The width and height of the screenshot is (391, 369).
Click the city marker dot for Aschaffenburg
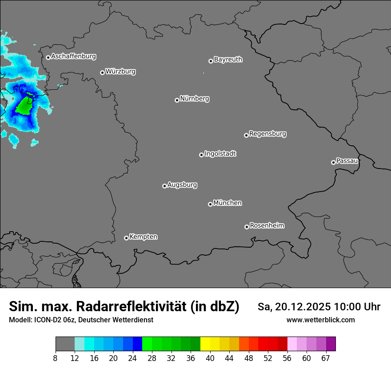[48, 57]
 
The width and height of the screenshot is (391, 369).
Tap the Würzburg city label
[120, 72]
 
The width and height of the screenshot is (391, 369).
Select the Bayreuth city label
[228, 60]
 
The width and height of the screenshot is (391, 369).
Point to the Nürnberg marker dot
[177, 100]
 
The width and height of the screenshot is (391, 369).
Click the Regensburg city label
[267, 134]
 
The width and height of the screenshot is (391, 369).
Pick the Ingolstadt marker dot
[201, 155]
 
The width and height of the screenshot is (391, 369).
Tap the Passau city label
[347, 161]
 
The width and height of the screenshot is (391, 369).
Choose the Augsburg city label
[182, 185]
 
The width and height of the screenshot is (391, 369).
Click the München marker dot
[210, 204]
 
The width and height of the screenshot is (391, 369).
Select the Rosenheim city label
[267, 226]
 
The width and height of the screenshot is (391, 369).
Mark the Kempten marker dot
[126, 238]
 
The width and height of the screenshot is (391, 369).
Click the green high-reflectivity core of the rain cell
[24, 107]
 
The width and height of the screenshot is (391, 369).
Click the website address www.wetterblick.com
[320, 320]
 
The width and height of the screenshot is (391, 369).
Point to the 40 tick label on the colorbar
[210, 358]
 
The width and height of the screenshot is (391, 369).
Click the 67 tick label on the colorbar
[326, 358]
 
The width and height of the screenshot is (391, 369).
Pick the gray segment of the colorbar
[65, 344]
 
